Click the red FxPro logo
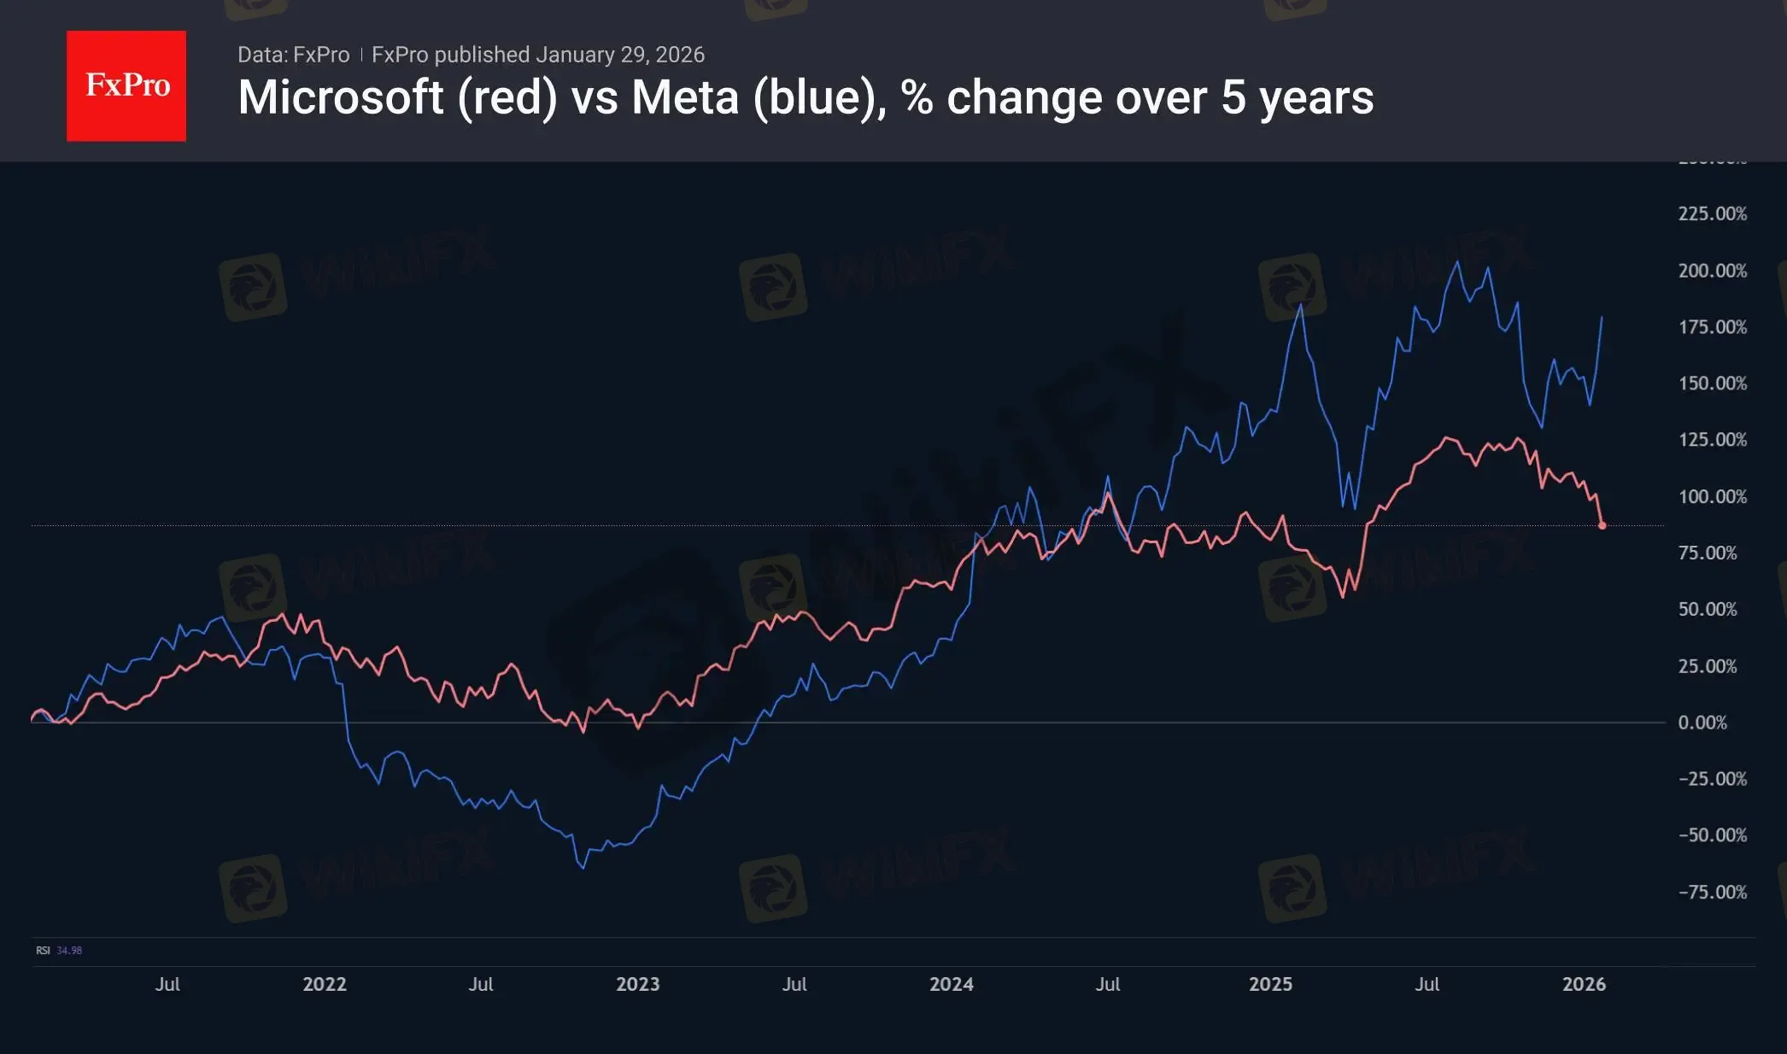click(126, 85)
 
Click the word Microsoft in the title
click(340, 97)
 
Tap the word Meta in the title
click(684, 97)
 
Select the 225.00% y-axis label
click(1712, 214)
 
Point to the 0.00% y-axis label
click(1702, 723)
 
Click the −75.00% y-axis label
click(1712, 893)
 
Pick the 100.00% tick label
click(1712, 496)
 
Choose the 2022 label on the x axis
click(325, 984)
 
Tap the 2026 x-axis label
click(1584, 984)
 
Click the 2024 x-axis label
click(951, 984)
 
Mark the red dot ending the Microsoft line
click(1602, 525)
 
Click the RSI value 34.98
click(69, 951)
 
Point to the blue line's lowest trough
click(583, 868)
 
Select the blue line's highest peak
click(1457, 261)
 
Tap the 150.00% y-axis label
click(1712, 383)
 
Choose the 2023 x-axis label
click(637, 984)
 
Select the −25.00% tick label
click(1712, 779)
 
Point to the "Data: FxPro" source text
click(293, 55)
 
